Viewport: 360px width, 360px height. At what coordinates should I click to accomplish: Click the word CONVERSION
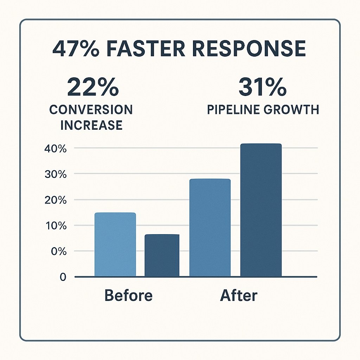pos(91,110)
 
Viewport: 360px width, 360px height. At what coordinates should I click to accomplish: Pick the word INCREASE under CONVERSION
pos(91,125)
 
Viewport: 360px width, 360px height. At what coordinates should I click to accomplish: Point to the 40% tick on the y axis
pos(55,149)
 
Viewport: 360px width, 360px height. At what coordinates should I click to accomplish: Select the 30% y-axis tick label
pos(55,174)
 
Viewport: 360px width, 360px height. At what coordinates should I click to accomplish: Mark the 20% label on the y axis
pos(55,200)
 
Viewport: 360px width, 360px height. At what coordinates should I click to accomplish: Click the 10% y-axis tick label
pos(55,226)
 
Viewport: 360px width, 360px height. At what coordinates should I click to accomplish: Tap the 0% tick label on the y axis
pos(58,251)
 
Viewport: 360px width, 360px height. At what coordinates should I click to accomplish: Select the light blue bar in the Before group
pos(115,245)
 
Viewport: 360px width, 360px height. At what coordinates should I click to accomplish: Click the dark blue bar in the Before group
pos(162,256)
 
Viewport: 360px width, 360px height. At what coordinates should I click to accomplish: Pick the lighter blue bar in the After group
pos(210,228)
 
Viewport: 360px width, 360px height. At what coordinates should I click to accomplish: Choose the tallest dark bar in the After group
pos(261,210)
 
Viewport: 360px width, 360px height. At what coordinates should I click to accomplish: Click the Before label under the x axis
pos(129,295)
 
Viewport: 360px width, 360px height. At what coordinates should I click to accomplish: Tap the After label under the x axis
pos(239,295)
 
